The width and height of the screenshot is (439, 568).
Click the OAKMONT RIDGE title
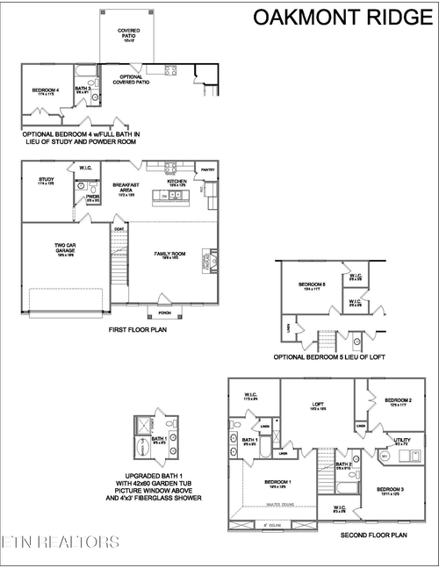342,17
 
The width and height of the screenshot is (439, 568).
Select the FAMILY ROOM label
168,254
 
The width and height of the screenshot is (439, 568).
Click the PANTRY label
208,170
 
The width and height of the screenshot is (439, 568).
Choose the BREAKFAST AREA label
126,187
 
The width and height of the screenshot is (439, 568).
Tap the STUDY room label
47,179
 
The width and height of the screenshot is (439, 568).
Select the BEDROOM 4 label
46,90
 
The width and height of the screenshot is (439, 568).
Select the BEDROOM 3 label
389,488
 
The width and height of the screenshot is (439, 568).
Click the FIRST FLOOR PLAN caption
138,329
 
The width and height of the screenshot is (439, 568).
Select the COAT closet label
119,228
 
